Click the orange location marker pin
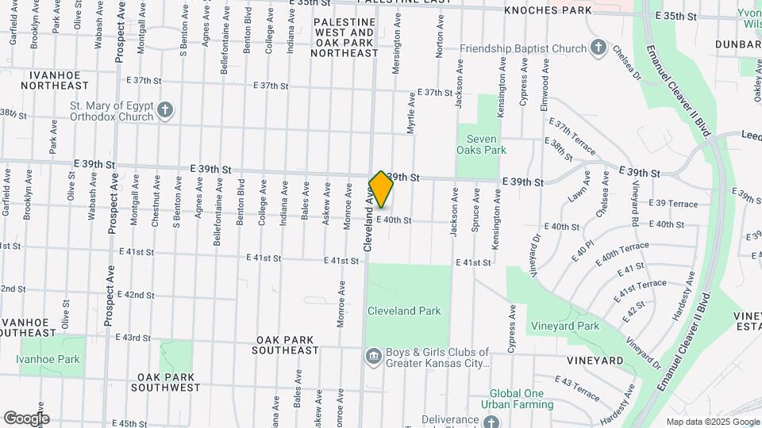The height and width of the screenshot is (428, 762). point(381,189)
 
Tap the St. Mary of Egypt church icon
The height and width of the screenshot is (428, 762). point(164,109)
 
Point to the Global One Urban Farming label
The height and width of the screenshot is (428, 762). point(521,399)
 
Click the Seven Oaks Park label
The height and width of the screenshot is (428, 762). point(481,143)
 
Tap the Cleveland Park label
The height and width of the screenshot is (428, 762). point(403,311)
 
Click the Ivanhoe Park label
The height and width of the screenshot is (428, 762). point(48,359)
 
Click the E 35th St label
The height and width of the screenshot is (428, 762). point(675,16)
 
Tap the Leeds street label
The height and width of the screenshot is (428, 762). point(752,136)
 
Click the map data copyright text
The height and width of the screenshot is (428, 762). point(712,422)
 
